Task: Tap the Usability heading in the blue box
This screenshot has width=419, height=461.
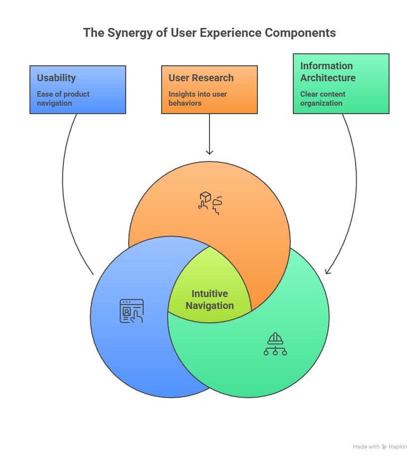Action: point(56,78)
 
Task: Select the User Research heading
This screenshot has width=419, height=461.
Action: point(201,78)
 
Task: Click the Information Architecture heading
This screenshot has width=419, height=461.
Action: point(328,72)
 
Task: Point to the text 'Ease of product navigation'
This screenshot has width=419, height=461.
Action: point(63,99)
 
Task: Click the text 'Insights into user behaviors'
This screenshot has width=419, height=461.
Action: point(198,99)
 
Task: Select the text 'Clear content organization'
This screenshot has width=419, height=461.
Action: point(323,99)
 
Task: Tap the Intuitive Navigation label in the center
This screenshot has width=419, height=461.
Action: point(209,300)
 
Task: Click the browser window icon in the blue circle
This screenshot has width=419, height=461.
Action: point(131,311)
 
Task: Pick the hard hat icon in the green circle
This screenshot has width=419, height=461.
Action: point(275,344)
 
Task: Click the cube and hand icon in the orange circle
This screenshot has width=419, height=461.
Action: point(210,202)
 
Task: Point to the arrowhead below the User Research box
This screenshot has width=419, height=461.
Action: point(209,152)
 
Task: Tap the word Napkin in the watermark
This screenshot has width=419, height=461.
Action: point(398,447)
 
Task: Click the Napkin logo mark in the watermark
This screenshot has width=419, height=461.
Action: point(385,447)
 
